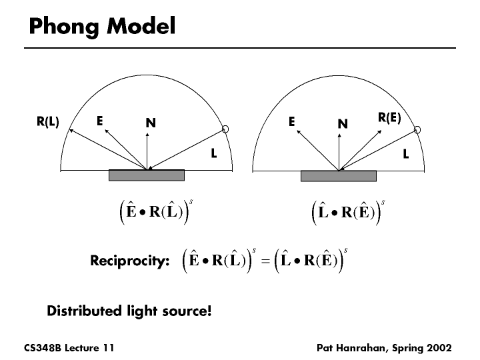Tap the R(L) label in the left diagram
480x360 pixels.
click(48, 121)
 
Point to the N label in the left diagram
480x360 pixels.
click(151, 123)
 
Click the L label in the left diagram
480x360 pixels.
click(214, 153)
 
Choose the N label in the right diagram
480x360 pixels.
click(343, 123)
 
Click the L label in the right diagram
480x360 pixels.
click(406, 154)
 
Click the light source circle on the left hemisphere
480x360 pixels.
click(226, 129)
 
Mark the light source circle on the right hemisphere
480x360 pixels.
click(417, 129)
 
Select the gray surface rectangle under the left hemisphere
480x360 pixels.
click(147, 175)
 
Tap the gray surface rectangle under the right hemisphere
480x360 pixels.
click(339, 176)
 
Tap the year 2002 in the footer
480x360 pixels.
click(438, 348)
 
